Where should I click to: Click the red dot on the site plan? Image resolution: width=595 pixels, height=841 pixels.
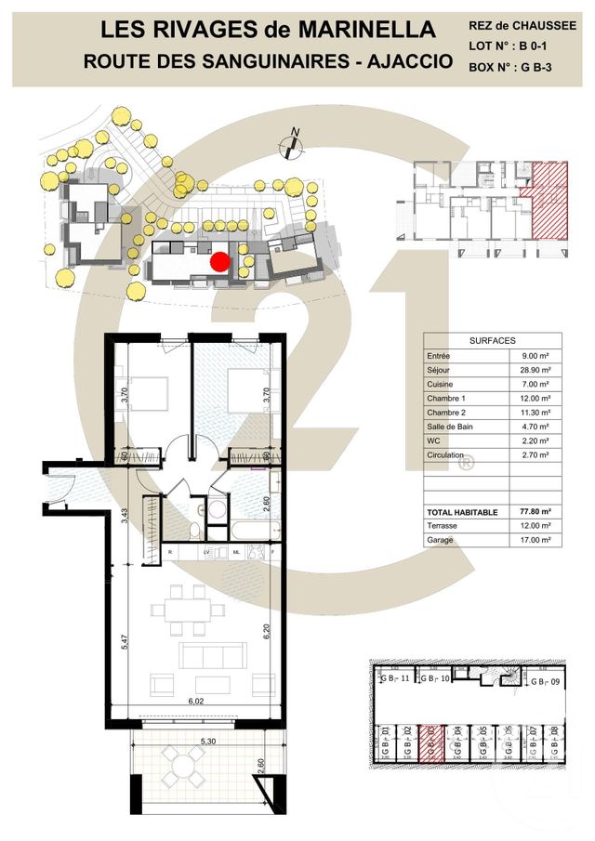218,263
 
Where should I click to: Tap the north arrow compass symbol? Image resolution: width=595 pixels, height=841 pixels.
293,143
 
